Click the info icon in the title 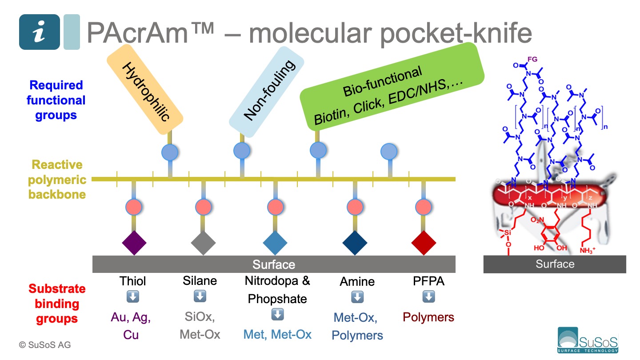pos(39,32)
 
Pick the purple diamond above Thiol pos(134,243)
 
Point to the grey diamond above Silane pos(203,243)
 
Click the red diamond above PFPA pos(424,243)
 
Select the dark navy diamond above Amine pos(355,243)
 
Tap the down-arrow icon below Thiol pos(132,297)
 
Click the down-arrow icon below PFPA pos(428,297)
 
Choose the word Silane pos(200,280)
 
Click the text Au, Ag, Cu pos(131,326)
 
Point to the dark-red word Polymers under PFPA pos(428,317)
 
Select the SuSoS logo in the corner pos(588,340)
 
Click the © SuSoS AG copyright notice pos(44,345)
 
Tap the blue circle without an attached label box pos(389,152)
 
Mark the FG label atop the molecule pos(532,60)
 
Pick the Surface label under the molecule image pos(555,264)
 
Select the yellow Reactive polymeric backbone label pos(57,180)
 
